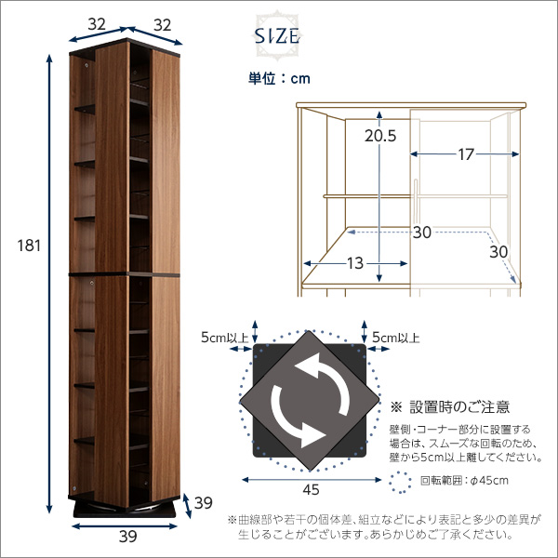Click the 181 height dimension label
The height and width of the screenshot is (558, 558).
coord(29,246)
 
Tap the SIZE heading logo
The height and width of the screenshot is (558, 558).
coord(277,36)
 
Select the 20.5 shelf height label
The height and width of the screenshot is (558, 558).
coord(380,136)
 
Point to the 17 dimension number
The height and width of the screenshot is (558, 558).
coord(466,154)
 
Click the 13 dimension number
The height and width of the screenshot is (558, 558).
coord(355,263)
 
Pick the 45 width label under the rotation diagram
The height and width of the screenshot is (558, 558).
coord(311,490)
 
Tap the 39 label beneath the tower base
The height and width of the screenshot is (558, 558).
coord(127,537)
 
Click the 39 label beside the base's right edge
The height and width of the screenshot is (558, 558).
coord(203,503)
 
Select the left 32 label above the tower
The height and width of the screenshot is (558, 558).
coord(97,24)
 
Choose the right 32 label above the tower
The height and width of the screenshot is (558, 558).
coord(162,25)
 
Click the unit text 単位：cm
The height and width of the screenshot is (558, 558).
coord(279,79)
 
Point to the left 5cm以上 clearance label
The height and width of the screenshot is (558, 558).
coord(224,338)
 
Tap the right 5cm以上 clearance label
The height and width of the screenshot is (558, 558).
coord(396,338)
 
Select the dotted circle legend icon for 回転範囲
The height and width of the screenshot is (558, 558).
coord(400,482)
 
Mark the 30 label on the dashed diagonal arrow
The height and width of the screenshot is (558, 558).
coord(498,252)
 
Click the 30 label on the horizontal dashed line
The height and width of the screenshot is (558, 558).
coord(422,232)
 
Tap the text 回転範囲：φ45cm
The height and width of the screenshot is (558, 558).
coord(464,481)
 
